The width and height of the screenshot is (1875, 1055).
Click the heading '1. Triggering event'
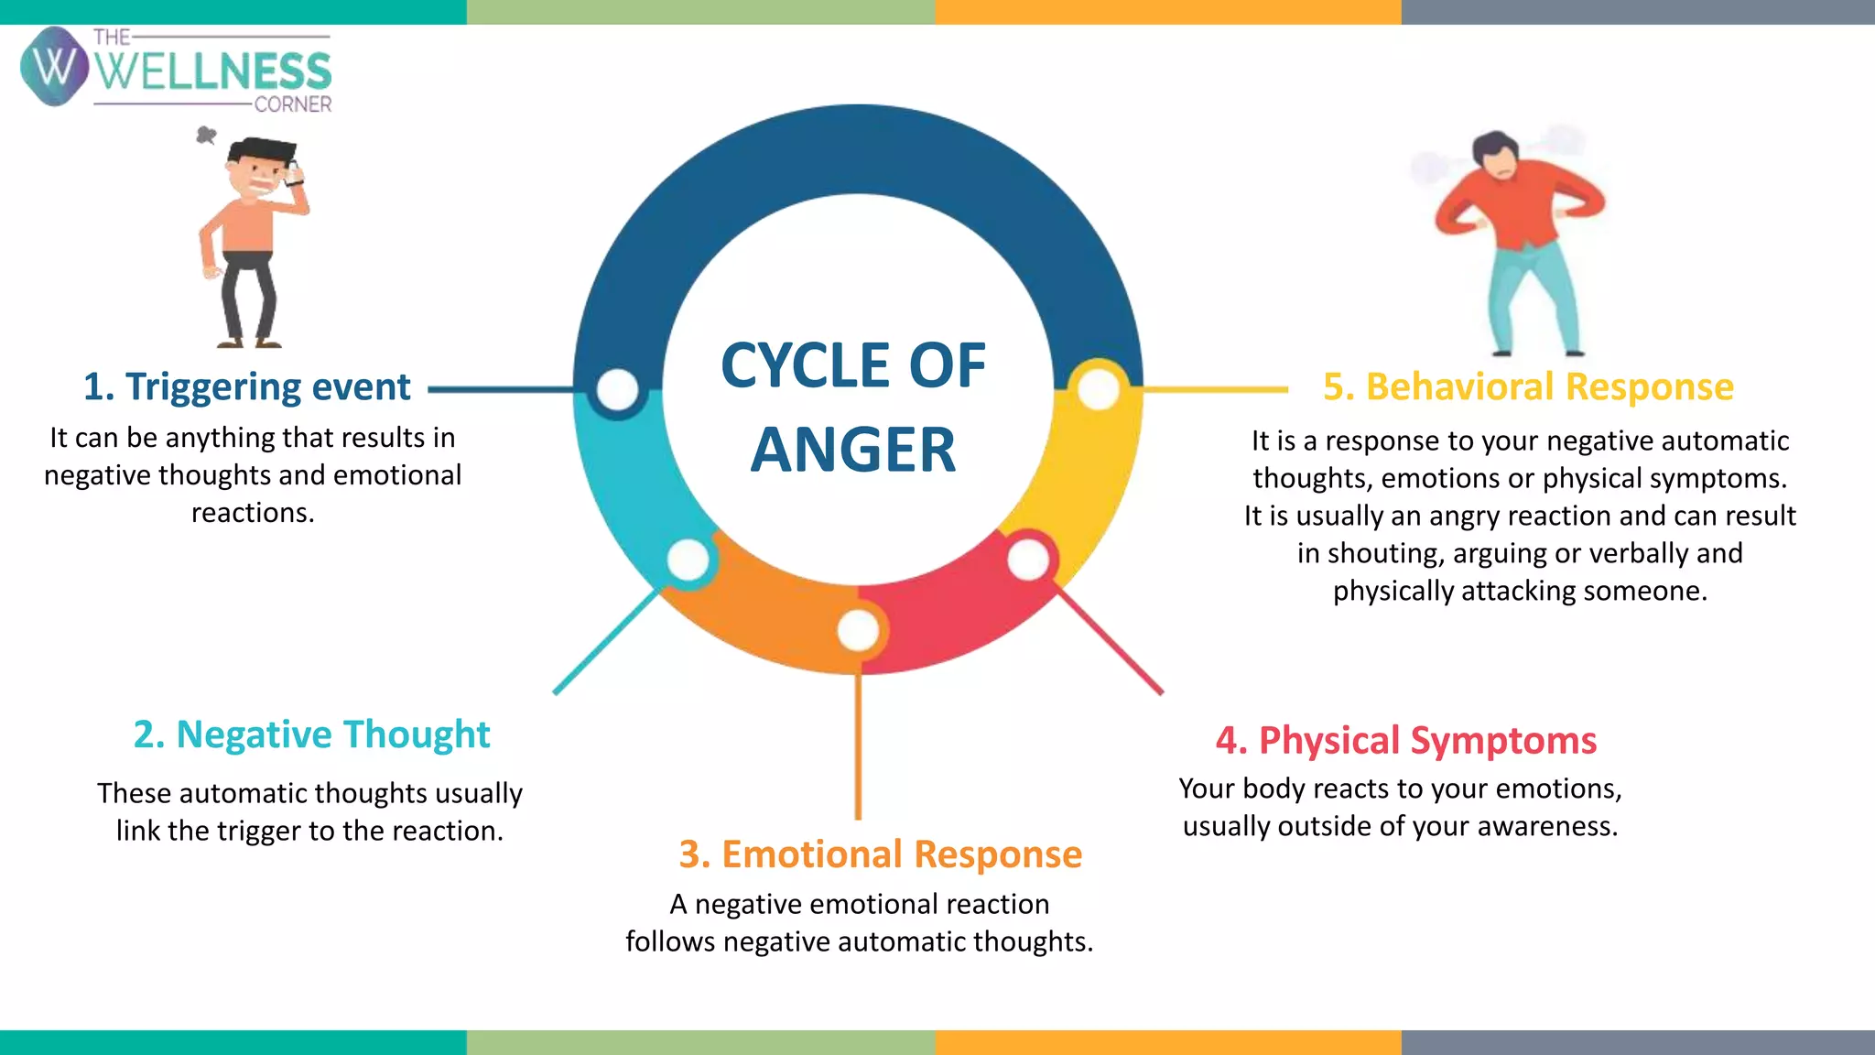246,387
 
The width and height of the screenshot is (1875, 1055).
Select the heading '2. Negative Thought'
311,734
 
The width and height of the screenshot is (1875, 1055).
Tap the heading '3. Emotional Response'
880,854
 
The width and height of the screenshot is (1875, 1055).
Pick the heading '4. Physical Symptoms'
1405,740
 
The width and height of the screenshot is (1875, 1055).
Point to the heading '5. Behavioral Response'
1528,387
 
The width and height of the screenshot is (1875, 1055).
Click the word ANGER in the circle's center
853,450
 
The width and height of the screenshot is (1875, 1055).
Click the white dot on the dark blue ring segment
617,390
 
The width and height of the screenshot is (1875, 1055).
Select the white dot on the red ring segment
1028,560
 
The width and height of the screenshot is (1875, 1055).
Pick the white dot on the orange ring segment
858,630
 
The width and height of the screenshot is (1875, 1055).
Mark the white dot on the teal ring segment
688,560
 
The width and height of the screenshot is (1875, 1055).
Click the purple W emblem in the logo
54,66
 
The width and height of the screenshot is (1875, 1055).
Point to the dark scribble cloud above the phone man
207,136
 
